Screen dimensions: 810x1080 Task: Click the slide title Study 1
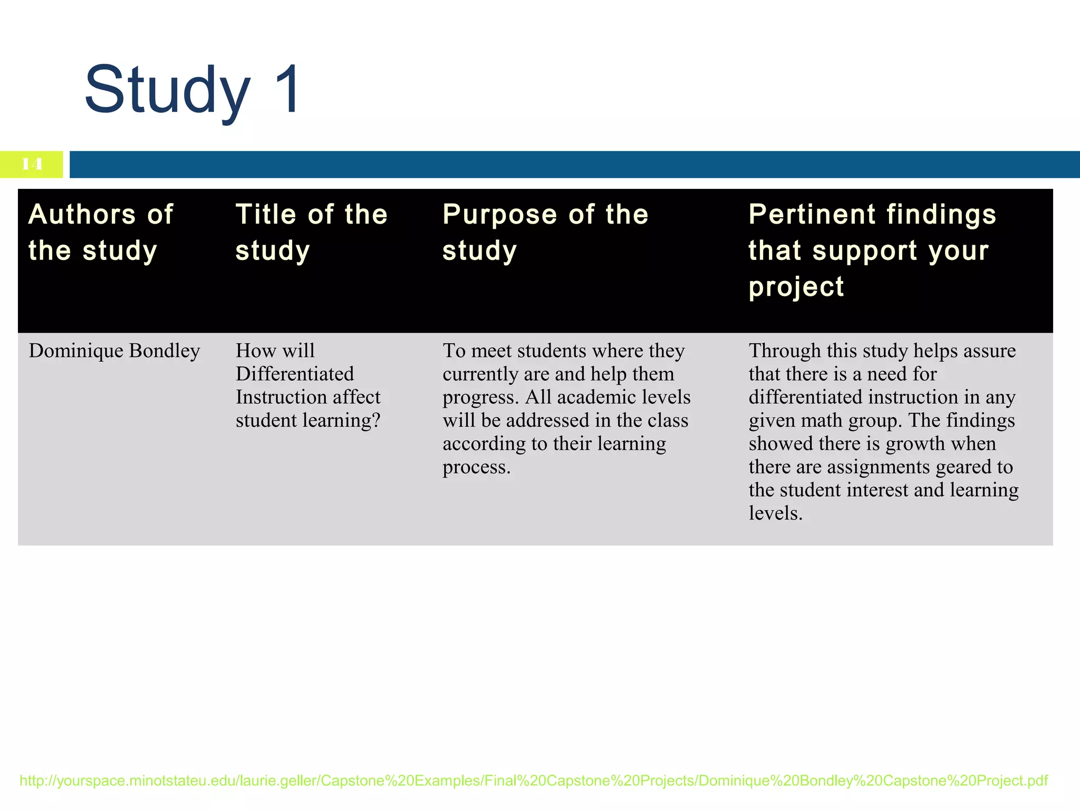coord(192,90)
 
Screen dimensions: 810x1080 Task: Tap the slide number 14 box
coord(32,165)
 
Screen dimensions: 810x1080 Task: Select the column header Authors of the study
coord(100,232)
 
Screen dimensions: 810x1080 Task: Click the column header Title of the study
coord(311,232)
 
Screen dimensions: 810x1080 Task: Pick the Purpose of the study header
coord(545,232)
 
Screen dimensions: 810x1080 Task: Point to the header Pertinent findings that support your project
coord(872,250)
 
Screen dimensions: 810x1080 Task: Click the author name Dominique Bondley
coord(114,351)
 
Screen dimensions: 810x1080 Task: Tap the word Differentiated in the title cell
coord(294,374)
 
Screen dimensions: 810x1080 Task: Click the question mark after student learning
coord(376,420)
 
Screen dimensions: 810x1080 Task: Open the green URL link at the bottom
coord(533,780)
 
